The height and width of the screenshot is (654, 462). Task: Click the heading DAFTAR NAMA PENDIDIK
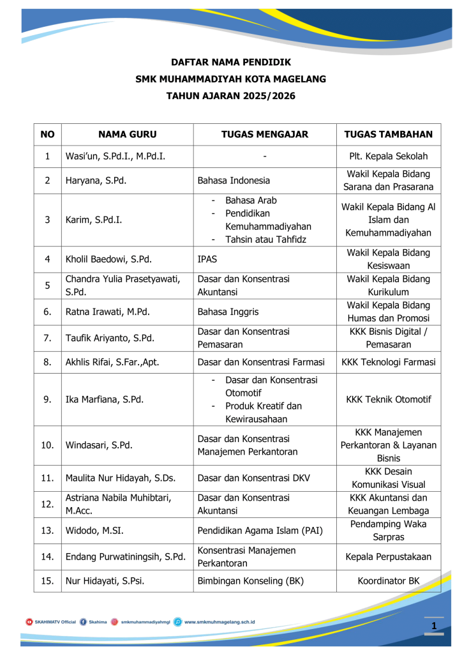[231, 63]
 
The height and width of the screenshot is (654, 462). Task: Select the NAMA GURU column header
[127, 135]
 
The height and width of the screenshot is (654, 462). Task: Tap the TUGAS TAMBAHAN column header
[389, 135]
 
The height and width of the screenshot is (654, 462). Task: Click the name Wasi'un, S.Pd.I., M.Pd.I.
[119, 156]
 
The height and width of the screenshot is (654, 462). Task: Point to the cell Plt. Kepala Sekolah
[389, 156]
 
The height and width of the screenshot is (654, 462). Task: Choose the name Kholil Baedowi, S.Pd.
[112, 260]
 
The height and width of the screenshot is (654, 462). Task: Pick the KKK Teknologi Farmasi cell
[389, 363]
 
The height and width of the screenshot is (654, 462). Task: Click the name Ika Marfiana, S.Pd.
[105, 400]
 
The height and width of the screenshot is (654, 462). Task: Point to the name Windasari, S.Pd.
[100, 445]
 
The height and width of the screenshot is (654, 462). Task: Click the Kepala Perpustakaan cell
[389, 557]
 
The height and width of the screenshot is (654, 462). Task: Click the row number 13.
[47, 530]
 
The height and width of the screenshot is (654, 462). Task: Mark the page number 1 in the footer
[434, 627]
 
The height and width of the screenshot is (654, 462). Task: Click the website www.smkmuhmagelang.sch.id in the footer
[220, 621]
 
